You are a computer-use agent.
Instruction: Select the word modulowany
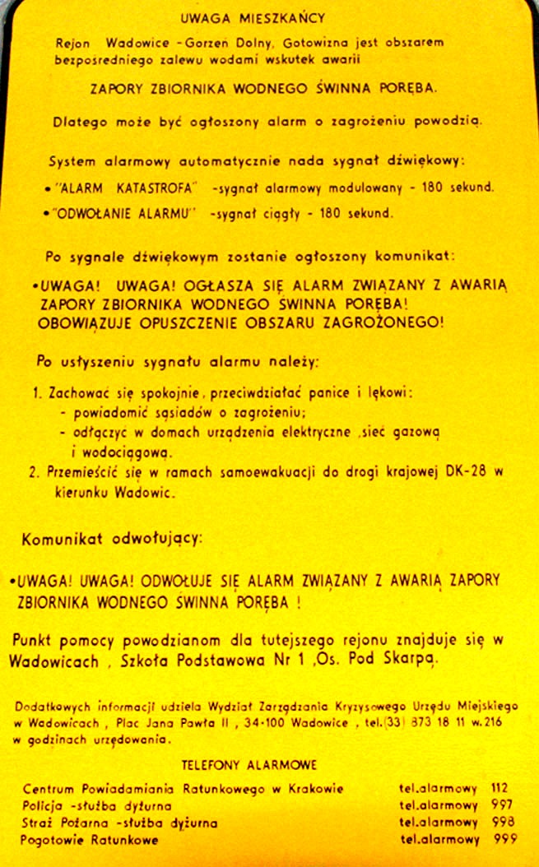coord(365,188)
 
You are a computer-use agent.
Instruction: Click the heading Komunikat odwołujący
coord(110,539)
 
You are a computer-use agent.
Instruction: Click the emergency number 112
coord(500,788)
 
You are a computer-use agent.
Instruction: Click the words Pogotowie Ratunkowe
coord(90,841)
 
